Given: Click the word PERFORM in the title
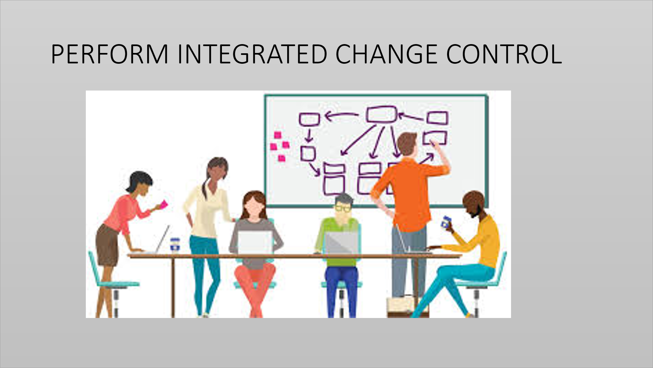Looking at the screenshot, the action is pyautogui.click(x=110, y=54).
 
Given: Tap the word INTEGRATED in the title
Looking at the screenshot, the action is pyautogui.click(x=252, y=54).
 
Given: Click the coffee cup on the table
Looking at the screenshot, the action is pyautogui.click(x=175, y=245).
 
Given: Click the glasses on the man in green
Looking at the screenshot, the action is pyautogui.click(x=343, y=208).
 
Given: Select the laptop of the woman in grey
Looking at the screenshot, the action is pyautogui.click(x=255, y=242).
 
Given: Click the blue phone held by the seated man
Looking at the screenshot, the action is pyautogui.click(x=445, y=222).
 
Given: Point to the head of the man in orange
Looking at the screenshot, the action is pyautogui.click(x=407, y=144).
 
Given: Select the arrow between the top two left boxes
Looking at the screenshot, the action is pyautogui.click(x=342, y=115).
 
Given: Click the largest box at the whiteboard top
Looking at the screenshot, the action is pyautogui.click(x=381, y=114).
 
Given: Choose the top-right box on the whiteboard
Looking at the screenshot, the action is pyautogui.click(x=437, y=118).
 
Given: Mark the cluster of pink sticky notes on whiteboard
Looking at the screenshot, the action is pyautogui.click(x=280, y=146).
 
